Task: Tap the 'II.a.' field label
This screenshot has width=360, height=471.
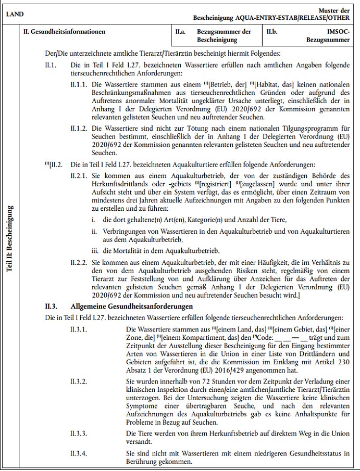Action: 181,32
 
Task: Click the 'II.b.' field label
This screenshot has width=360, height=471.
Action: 271,32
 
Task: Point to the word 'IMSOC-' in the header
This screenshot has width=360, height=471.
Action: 339,32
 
